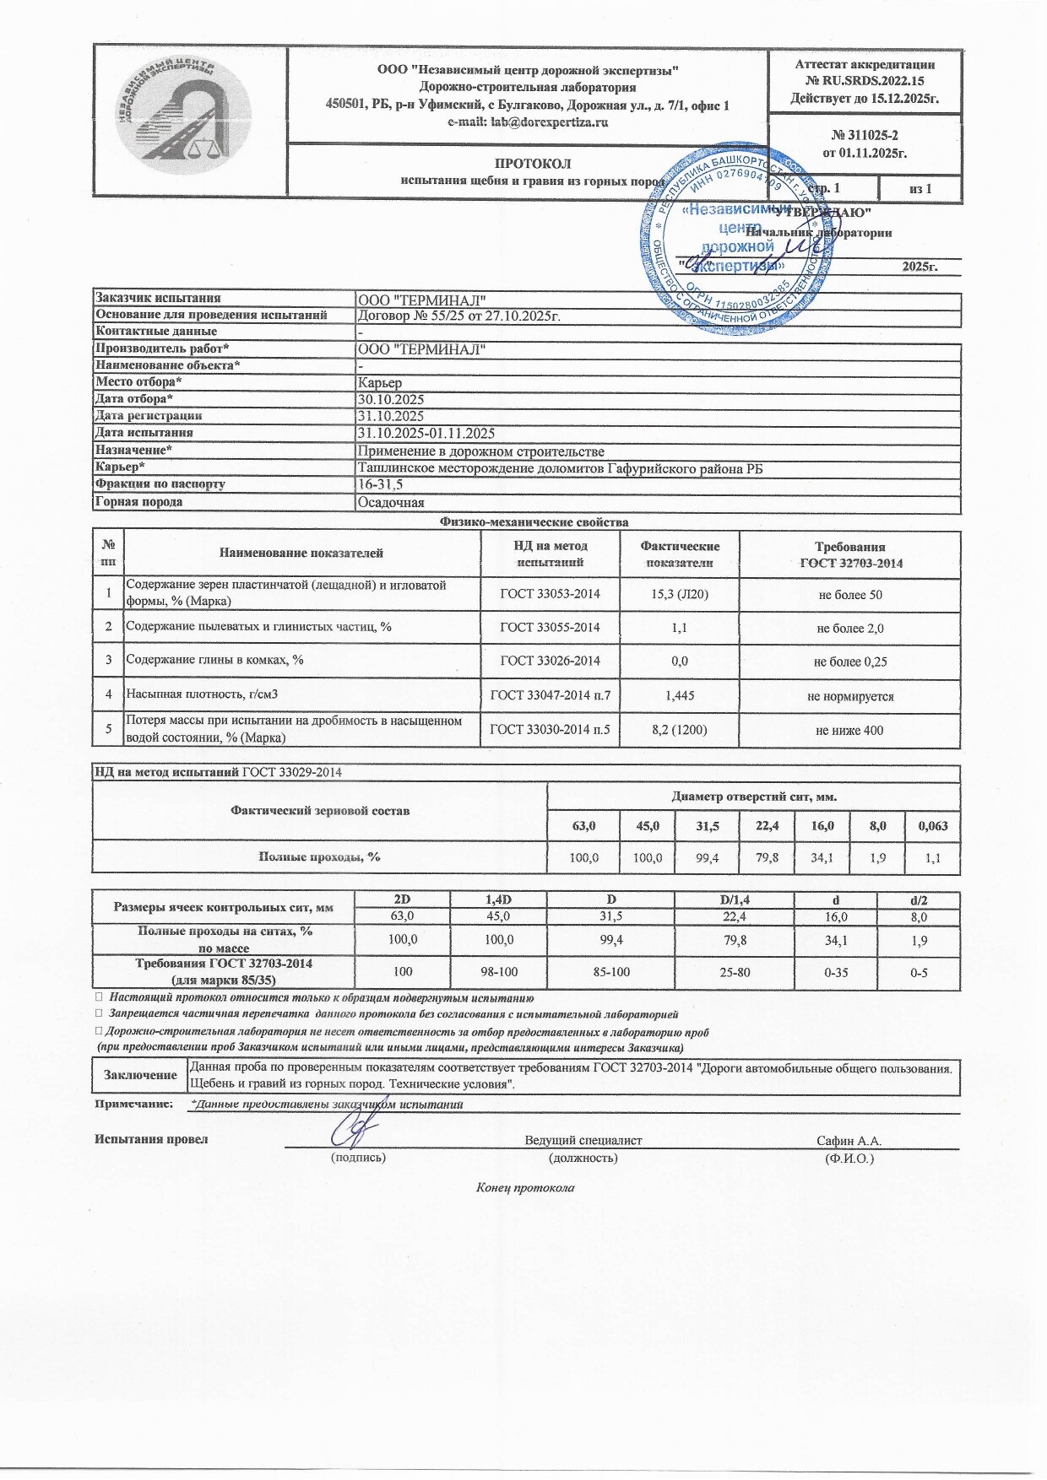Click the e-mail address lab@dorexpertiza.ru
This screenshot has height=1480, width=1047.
[x=528, y=122]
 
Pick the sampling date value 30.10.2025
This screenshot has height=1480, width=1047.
[x=391, y=399]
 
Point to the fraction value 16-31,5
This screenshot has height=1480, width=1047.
[x=381, y=484]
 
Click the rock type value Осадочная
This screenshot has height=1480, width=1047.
[x=391, y=502]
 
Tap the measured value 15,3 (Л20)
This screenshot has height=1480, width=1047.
[x=680, y=595]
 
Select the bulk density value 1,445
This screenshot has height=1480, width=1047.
[x=680, y=696]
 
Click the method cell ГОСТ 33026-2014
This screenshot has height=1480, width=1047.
[x=550, y=662]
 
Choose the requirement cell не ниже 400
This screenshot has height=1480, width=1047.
[x=849, y=730]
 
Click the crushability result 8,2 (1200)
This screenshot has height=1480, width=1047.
[x=680, y=730]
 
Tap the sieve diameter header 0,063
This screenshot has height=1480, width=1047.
[x=932, y=825]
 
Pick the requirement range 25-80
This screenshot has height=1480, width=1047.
[x=735, y=973]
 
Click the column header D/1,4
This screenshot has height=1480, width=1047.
[x=735, y=900]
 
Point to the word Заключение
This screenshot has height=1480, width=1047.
[x=140, y=1075]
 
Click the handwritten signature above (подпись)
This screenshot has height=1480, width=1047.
[x=355, y=1128]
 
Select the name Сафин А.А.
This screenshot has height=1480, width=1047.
[x=849, y=1140]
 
